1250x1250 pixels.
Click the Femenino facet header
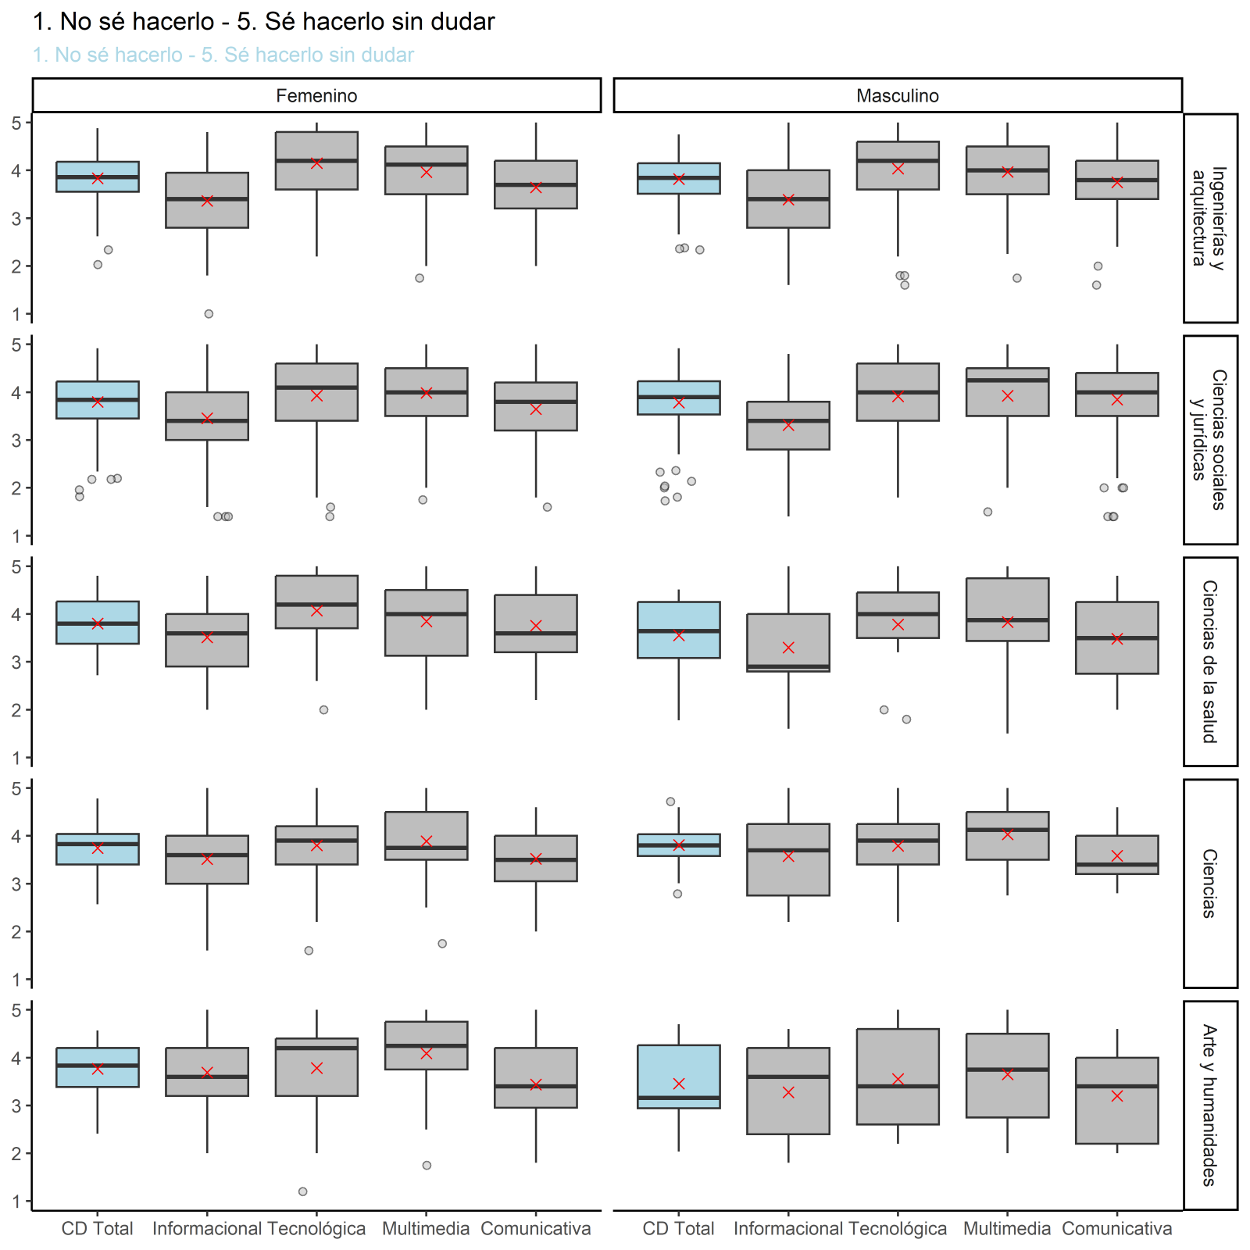[x=316, y=96]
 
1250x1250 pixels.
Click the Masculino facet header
[x=898, y=96]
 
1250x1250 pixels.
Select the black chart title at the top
[x=263, y=22]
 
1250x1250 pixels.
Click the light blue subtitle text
[x=223, y=55]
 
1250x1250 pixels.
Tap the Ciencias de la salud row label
[x=1209, y=661]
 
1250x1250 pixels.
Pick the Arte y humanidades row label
[x=1209, y=1105]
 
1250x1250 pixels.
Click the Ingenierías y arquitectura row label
[x=1209, y=217]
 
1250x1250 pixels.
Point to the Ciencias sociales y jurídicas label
[x=1209, y=439]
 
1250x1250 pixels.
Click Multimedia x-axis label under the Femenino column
[x=426, y=1229]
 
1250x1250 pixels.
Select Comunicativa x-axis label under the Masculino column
[x=1116, y=1229]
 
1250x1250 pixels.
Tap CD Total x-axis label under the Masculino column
[x=678, y=1229]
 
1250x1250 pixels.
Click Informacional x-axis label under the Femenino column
[x=207, y=1229]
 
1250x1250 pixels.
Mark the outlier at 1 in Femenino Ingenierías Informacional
[x=209, y=314]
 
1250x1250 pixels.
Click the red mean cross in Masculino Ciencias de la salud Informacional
[x=788, y=648]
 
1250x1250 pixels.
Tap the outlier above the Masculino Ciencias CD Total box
[x=670, y=802]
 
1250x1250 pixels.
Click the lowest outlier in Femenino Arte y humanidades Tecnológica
[x=303, y=1191]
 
